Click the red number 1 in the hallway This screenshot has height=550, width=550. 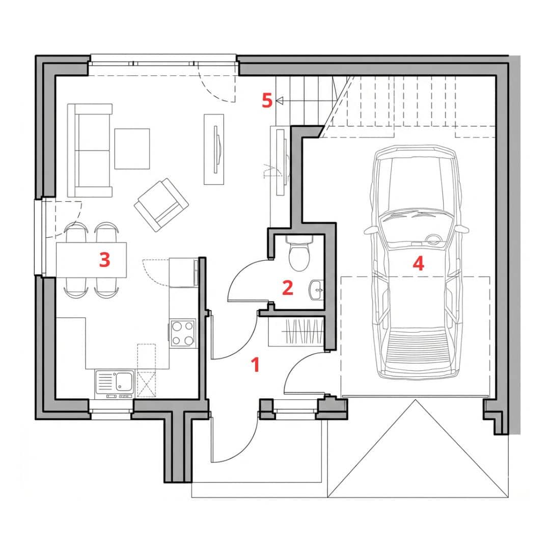pos(256,365)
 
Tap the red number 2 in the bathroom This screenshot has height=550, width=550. pos(288,288)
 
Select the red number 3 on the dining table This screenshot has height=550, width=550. pos(104,260)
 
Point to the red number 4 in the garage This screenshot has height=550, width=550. pos(419,263)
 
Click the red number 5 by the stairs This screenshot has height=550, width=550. pos(267,101)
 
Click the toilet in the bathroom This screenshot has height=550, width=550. pos(299,252)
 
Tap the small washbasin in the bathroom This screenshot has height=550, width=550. pos(316,290)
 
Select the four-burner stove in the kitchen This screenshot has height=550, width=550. pos(183,334)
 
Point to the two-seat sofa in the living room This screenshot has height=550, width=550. pos(90,150)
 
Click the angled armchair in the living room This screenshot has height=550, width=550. pos(161,205)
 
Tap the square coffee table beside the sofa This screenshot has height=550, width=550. pos(132,149)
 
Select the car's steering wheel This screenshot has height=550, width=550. pos(434,240)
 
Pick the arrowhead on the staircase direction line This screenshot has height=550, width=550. pos(279,101)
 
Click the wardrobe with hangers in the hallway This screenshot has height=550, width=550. pos(296,332)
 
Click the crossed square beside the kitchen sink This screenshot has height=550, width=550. pos(146,384)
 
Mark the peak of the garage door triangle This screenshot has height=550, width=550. pos(416,400)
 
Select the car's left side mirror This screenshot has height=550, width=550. pos(370,230)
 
